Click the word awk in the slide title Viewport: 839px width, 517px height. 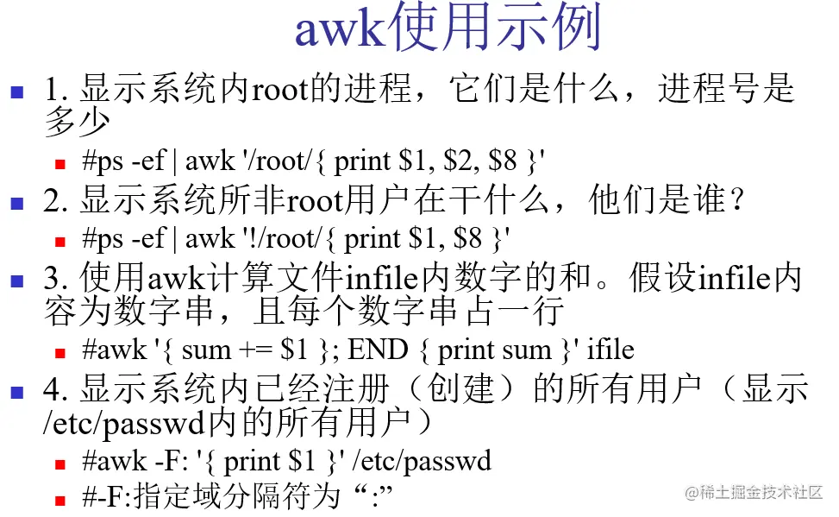[339, 30]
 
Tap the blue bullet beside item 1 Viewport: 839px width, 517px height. [16, 91]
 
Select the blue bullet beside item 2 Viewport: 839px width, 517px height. [16, 204]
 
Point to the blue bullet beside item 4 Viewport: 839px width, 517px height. [16, 392]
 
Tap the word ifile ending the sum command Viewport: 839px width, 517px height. [610, 350]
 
